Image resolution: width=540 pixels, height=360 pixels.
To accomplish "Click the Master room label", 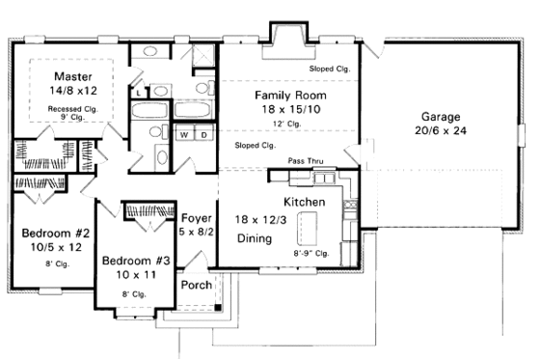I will point(72,76).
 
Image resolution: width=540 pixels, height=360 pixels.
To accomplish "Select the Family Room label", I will point(289,96).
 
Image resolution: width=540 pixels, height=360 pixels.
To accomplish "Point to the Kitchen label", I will point(304,202).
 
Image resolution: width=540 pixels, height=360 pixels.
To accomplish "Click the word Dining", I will point(255,237).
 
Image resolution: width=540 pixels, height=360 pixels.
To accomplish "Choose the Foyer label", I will point(197,217).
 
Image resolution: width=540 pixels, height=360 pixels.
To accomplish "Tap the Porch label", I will point(196,286).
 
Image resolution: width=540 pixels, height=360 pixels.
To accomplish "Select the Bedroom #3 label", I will point(136,261).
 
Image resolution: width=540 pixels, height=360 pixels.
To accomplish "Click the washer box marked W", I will point(184,135).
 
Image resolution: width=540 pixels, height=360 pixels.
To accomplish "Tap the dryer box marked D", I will point(203,135).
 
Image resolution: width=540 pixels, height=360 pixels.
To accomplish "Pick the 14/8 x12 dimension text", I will point(72,92).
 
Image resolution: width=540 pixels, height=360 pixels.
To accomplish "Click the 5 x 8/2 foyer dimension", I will point(197,233).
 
